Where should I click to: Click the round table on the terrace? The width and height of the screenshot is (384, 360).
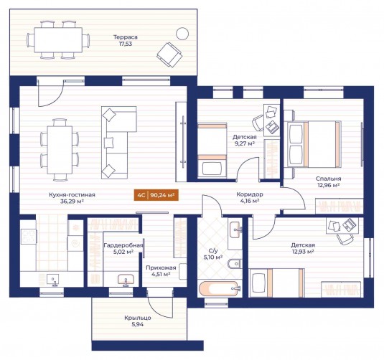pos(182,34)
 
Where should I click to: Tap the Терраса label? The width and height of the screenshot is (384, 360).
pos(126,37)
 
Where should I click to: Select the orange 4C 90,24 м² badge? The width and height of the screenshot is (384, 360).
pos(156,195)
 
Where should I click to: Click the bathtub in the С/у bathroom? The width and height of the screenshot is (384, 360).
pos(218,289)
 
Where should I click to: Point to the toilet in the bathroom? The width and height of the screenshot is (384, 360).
pos(235,264)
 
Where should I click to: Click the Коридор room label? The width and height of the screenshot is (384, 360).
pos(250,194)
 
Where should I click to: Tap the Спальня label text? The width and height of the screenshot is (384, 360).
pos(329,179)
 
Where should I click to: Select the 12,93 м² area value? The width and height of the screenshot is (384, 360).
pos(303,252)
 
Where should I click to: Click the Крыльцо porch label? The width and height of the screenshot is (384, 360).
pos(137,318)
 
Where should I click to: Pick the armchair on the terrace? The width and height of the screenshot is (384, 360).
pos(169,55)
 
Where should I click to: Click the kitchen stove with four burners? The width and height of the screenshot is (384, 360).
pos(29,237)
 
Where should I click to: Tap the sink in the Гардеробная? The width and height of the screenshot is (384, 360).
pos(126,280)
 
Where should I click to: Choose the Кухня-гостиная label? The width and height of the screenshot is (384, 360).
pos(72,195)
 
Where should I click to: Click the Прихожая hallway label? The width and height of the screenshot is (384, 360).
pos(161,267)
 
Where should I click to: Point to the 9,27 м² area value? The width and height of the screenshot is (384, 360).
pos(245,143)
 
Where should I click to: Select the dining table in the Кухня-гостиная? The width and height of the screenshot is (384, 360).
pos(60,150)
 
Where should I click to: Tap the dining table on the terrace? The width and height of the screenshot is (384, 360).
pos(58,40)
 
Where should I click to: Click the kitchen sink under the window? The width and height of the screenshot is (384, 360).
pos(52,280)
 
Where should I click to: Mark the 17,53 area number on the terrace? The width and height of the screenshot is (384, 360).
pos(126,44)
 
